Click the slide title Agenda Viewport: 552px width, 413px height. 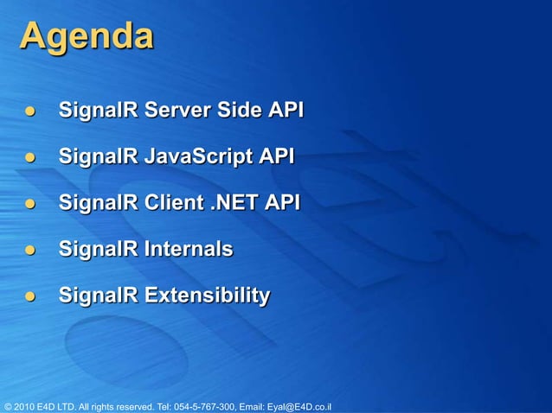coord(87,37)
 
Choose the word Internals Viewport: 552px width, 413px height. coord(189,250)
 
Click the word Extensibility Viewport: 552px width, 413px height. coord(207,296)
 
